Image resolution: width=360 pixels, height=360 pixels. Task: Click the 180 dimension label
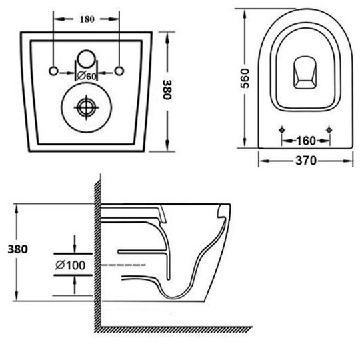click(87, 19)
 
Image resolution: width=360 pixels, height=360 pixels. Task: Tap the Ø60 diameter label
click(86, 76)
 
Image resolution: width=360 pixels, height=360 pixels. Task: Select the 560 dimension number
click(245, 78)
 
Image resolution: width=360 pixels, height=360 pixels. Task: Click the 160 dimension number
click(306, 141)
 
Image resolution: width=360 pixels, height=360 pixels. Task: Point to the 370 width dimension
click(306, 161)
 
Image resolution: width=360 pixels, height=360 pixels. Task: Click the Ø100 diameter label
click(70, 265)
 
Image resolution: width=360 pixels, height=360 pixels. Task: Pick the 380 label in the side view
click(18, 249)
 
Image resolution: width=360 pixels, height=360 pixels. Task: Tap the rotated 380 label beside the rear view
click(167, 89)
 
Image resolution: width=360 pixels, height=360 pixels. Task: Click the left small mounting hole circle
click(53, 71)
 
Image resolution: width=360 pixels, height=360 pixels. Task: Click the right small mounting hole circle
click(119, 71)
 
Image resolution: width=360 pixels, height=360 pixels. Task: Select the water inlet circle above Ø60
click(86, 59)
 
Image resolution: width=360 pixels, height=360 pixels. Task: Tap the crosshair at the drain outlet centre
click(86, 107)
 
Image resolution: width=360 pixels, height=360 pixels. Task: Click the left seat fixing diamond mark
click(282, 130)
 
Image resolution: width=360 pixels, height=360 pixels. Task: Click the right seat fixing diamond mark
click(329, 130)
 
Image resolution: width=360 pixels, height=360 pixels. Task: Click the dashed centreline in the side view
click(123, 265)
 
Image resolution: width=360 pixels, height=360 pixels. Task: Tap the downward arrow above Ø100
click(75, 244)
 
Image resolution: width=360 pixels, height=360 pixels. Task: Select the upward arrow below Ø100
click(75, 285)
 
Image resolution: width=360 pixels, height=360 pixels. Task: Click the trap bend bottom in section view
click(174, 297)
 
